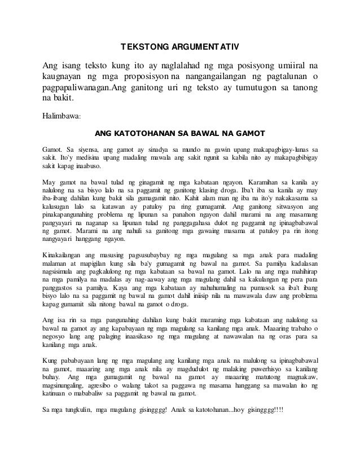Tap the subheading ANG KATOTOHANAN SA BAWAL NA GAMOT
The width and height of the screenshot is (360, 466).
(179, 134)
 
